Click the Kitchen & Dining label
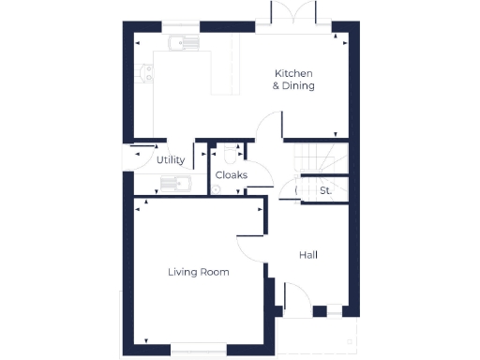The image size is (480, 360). pyautogui.click(x=293, y=80)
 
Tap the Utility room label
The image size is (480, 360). pyautogui.click(x=171, y=160)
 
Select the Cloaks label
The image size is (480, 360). pyautogui.click(x=232, y=175)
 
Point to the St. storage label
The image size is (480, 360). pyautogui.click(x=325, y=191)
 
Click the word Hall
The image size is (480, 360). pyautogui.click(x=308, y=255)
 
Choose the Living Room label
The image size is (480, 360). pyautogui.click(x=198, y=272)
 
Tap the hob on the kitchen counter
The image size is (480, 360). pyautogui.click(x=144, y=73)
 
